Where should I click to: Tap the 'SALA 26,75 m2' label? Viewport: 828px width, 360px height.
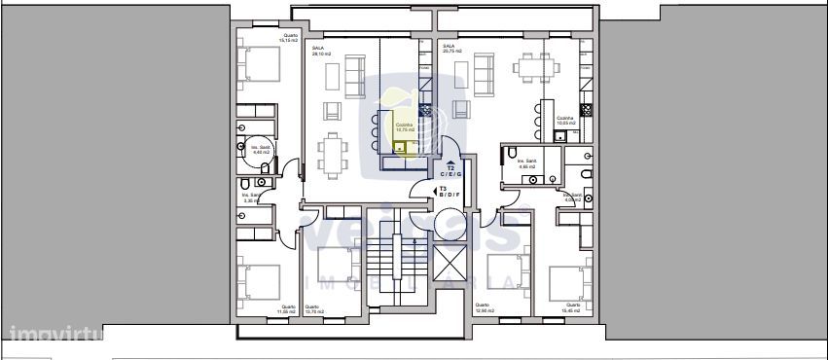pos(450,50)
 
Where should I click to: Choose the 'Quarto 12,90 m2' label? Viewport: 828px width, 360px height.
pos(483,309)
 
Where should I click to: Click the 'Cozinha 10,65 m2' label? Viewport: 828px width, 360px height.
pos(565,122)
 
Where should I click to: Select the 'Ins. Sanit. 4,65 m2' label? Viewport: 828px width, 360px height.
pos(527,163)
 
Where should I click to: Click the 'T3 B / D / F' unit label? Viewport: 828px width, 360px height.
pos(449,192)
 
